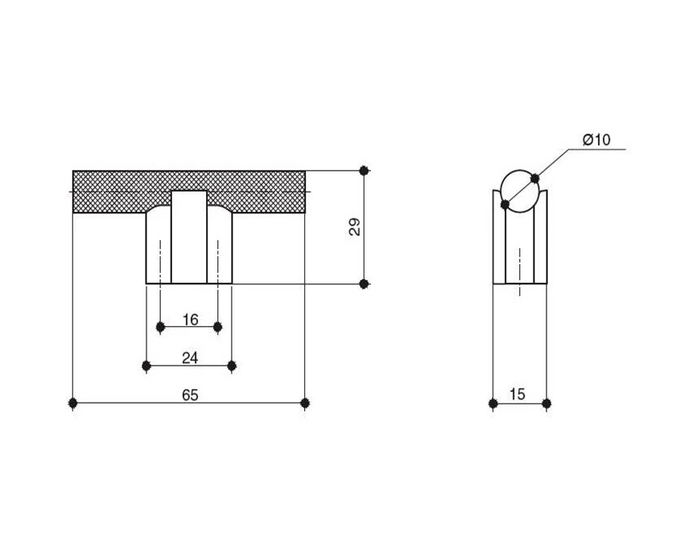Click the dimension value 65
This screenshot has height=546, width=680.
click(190, 395)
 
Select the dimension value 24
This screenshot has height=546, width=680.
click(190, 358)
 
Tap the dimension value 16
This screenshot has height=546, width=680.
click(190, 320)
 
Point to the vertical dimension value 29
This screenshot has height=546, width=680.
click(355, 226)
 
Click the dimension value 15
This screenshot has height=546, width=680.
click(517, 394)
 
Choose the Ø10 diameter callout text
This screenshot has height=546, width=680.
click(596, 140)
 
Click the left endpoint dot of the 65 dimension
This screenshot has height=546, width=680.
click(73, 403)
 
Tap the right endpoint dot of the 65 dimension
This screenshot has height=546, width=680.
click(305, 403)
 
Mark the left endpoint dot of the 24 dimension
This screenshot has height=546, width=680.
click(146, 366)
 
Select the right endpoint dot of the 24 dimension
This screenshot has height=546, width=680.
click(232, 366)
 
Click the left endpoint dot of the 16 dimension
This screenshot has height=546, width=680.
click(160, 326)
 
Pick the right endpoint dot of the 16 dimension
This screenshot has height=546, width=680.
click(218, 326)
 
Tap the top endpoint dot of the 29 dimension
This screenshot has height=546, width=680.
click(365, 171)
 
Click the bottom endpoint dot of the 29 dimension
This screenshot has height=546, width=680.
click(365, 283)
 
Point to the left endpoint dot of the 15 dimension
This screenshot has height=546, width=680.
click(492, 403)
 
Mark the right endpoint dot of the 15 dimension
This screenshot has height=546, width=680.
click(546, 403)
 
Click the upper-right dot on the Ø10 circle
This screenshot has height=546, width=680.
click(534, 178)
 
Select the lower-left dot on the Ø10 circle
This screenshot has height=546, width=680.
click(505, 204)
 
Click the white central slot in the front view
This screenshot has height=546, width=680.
click(189, 237)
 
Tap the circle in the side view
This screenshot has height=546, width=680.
click(520, 191)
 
